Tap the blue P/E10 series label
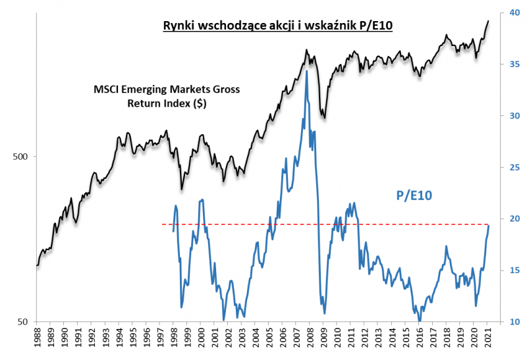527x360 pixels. point(417,195)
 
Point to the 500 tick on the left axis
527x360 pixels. point(20,157)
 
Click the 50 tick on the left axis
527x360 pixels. point(23,322)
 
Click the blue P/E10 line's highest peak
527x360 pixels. point(306,70)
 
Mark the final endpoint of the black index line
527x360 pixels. point(488,20)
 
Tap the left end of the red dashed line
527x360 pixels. point(163,224)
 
